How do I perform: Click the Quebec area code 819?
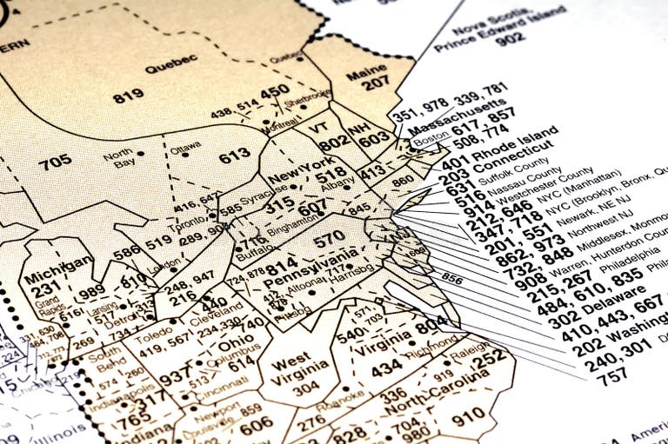pyautogui.click(x=128, y=96)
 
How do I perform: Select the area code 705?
pyautogui.click(x=55, y=160)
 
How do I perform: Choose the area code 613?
pyautogui.click(x=234, y=156)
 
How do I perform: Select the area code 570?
pyautogui.click(x=329, y=236)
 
